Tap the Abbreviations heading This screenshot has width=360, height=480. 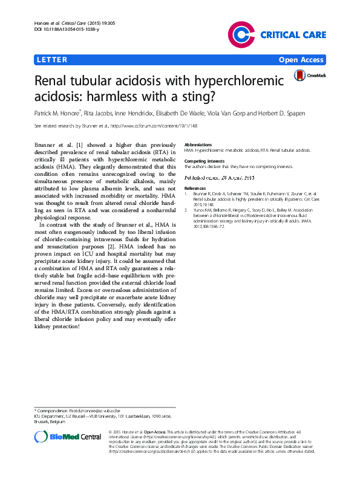click(198, 145)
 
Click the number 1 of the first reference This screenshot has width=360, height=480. click(186, 193)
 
